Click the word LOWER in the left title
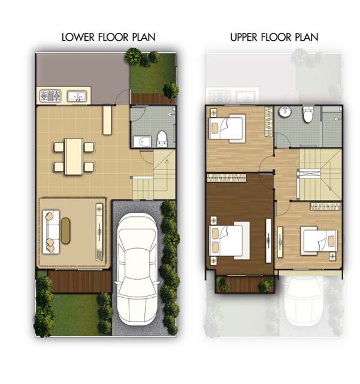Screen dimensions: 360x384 [78, 37]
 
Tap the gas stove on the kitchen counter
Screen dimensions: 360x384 [50, 96]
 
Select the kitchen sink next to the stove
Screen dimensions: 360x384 [77, 96]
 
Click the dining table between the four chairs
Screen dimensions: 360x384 [74, 157]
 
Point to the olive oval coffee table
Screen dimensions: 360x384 [65, 231]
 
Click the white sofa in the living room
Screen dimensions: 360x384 [51, 232]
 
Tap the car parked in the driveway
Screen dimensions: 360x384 [137, 268]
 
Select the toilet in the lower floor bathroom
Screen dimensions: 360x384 [162, 139]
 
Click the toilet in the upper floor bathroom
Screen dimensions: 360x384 [308, 114]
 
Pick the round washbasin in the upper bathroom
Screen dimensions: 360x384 [285, 111]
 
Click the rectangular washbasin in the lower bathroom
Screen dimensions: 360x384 [143, 142]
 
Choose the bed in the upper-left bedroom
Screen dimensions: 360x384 [227, 129]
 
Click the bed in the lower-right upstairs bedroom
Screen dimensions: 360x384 [319, 241]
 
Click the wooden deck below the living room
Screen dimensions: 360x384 [80, 282]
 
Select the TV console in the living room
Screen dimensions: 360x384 [99, 232]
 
